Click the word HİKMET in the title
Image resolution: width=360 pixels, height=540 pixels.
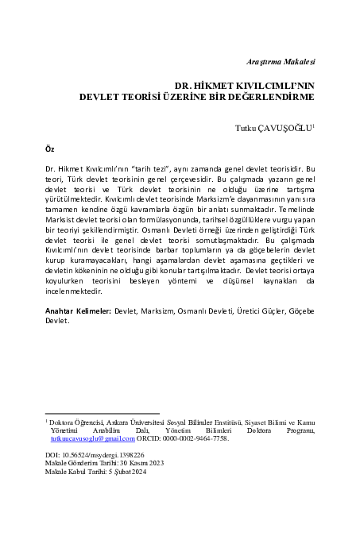[x=221, y=85]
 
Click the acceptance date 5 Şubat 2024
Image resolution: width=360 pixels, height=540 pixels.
[x=125, y=472]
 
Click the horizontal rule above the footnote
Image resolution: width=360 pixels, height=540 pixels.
[x=103, y=413]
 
